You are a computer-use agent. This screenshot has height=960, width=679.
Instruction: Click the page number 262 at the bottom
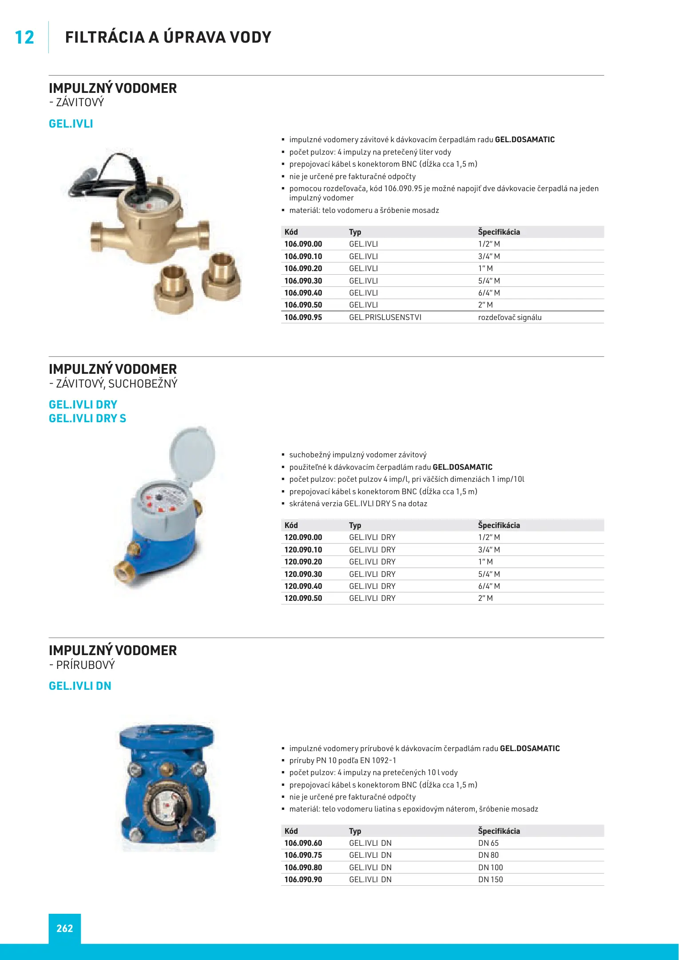(x=64, y=928)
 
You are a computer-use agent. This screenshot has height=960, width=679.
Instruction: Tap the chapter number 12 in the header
(x=24, y=37)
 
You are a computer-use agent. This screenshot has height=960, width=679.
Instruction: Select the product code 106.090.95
(x=303, y=317)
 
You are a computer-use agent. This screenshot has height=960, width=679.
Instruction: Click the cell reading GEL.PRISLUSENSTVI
(x=385, y=317)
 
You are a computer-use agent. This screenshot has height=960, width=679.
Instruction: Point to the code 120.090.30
(x=303, y=574)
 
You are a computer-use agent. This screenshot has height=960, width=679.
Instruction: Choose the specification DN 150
(x=490, y=880)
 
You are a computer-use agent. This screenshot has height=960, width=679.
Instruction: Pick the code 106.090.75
(x=303, y=855)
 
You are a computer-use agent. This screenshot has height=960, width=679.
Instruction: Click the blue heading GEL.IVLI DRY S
(x=87, y=418)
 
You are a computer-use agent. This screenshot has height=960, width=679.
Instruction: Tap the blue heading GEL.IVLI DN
(x=80, y=686)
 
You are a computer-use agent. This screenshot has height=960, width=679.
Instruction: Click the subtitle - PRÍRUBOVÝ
(x=82, y=665)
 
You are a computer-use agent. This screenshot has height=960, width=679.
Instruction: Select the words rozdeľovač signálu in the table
(x=509, y=317)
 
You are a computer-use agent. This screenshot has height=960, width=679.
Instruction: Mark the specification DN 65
(x=488, y=843)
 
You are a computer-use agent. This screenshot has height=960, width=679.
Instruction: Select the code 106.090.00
(x=303, y=244)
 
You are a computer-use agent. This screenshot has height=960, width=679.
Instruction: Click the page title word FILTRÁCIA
(x=105, y=37)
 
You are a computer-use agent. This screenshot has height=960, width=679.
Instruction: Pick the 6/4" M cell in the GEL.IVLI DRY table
(x=489, y=586)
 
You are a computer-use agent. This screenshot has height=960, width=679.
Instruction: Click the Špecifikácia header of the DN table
(x=499, y=831)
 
